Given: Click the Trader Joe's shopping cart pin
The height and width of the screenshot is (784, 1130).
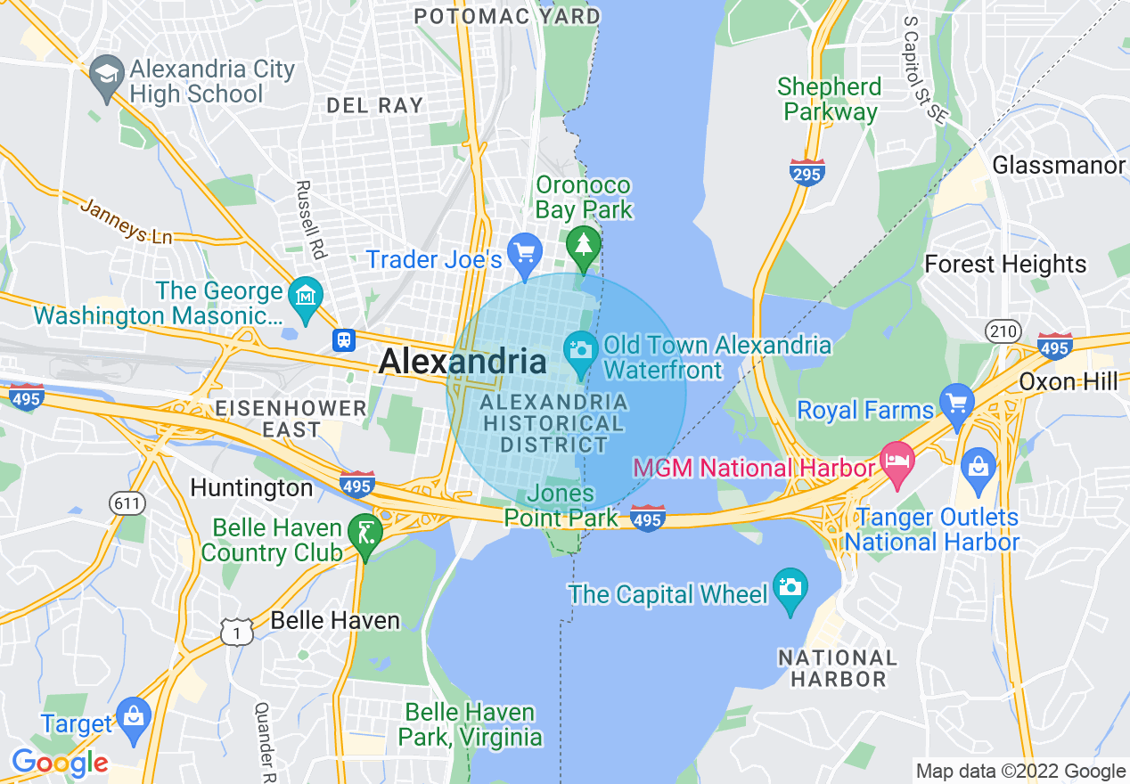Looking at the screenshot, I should (x=524, y=254).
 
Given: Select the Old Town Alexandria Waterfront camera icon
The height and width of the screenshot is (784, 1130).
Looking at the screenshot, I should (x=580, y=348).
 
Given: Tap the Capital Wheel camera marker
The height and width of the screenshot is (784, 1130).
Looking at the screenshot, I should (x=790, y=588).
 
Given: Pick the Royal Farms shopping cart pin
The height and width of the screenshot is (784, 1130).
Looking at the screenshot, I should (x=957, y=403).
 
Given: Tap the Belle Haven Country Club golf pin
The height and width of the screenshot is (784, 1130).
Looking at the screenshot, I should (x=364, y=534).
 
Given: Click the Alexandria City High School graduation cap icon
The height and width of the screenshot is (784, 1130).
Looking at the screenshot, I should (x=107, y=74).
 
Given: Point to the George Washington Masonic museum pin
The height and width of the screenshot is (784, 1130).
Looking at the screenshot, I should (x=305, y=297).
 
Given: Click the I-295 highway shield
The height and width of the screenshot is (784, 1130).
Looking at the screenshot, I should (x=807, y=171).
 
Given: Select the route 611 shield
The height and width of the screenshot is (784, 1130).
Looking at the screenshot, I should (x=127, y=503).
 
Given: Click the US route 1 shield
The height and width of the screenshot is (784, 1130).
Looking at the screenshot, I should (x=235, y=631).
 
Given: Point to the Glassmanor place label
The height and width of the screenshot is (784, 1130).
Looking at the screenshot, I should (x=1058, y=166).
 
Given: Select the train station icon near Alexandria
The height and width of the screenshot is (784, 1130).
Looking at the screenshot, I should (x=344, y=339).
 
